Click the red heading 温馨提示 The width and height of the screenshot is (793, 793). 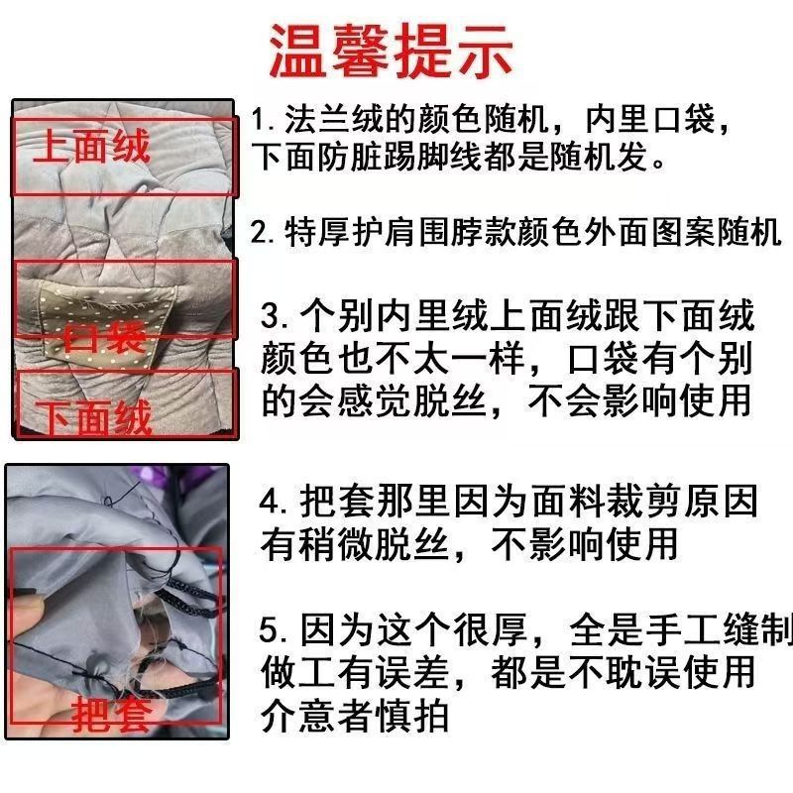coord(392,50)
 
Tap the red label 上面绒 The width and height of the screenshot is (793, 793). coord(91,146)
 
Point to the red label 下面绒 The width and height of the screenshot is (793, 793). coord(94,416)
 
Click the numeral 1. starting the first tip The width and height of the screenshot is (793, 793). coord(262,123)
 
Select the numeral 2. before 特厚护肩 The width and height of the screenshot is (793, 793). coord(262,234)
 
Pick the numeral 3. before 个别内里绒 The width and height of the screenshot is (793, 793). coord(274,317)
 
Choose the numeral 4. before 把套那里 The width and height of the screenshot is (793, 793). coord(274,502)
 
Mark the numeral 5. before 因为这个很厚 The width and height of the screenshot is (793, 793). coord(274,630)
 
